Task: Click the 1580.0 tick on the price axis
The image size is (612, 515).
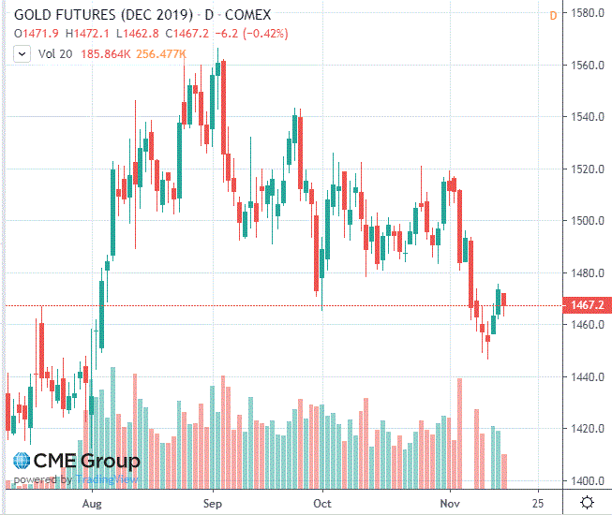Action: (x=587, y=13)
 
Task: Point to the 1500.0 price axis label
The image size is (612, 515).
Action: (x=587, y=221)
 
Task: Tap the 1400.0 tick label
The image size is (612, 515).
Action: (x=587, y=481)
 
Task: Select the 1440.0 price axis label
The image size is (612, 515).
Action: (x=587, y=377)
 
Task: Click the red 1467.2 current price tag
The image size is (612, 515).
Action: (x=586, y=305)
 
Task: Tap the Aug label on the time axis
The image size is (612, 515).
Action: (x=91, y=502)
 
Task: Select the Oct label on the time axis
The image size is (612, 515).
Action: (x=322, y=502)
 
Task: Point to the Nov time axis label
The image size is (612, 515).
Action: (x=451, y=502)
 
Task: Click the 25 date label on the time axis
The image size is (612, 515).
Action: (x=538, y=502)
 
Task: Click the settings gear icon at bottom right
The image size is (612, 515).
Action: (x=587, y=503)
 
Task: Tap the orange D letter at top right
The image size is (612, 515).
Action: (x=553, y=15)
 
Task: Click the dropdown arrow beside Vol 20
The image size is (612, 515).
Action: (x=22, y=54)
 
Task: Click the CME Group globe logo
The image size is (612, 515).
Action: (x=22, y=461)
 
